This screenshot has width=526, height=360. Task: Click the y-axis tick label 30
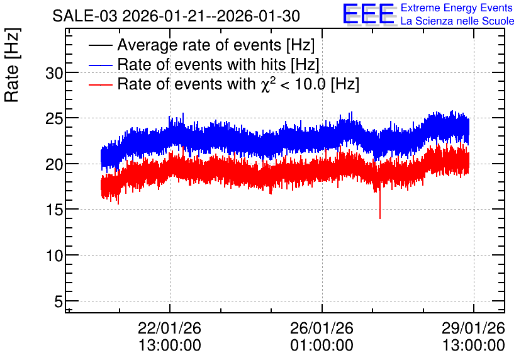pyautogui.click(x=54, y=73)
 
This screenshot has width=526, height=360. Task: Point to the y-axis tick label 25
pyautogui.click(x=54, y=118)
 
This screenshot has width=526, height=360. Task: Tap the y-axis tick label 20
pyautogui.click(x=54, y=164)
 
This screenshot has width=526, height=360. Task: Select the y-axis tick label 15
pyautogui.click(x=54, y=210)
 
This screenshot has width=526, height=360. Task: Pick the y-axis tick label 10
pyautogui.click(x=54, y=256)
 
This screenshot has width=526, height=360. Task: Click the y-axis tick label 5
pyautogui.click(x=59, y=301)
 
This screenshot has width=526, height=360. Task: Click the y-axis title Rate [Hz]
pyautogui.click(x=12, y=65)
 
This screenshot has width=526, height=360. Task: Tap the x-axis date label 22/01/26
pyautogui.click(x=169, y=328)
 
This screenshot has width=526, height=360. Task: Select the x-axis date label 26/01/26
pyautogui.click(x=322, y=328)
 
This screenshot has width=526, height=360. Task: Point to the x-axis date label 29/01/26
pyautogui.click(x=473, y=328)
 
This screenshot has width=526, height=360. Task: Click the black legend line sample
pyautogui.click(x=100, y=45)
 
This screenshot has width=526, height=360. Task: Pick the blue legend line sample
pyautogui.click(x=100, y=65)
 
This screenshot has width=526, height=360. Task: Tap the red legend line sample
pyautogui.click(x=100, y=84)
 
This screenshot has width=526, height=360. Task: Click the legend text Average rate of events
pyautogui.click(x=199, y=45)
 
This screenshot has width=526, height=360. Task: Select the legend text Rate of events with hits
pyautogui.click(x=201, y=64)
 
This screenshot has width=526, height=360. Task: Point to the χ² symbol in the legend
pyautogui.click(x=268, y=84)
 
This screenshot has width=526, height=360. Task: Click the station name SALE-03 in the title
pyautogui.click(x=85, y=16)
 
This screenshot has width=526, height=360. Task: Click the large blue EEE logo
pyautogui.click(x=369, y=14)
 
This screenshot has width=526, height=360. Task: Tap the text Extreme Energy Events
pyautogui.click(x=457, y=8)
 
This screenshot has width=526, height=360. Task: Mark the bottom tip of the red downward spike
pyautogui.click(x=380, y=219)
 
